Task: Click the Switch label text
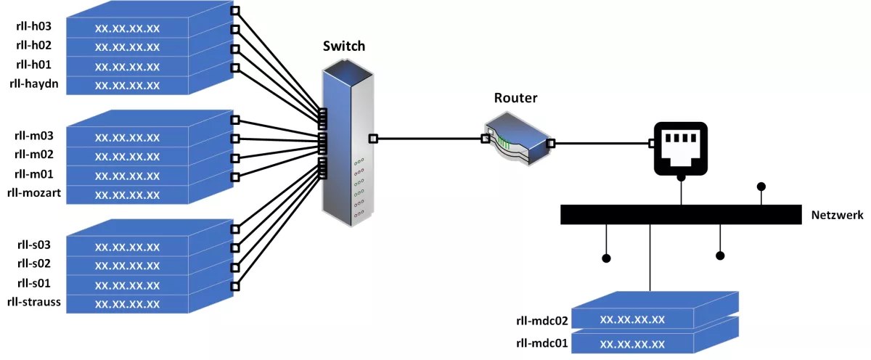[344, 47]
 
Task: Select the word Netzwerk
[836, 215]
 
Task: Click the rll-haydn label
[33, 84]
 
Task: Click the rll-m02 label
[33, 154]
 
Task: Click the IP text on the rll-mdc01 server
[633, 343]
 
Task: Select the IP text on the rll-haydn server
[127, 86]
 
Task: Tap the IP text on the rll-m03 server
[127, 137]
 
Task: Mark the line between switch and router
[428, 138]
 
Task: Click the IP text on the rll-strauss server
[127, 303]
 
